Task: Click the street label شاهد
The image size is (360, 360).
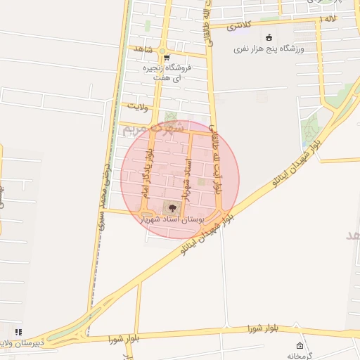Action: [x=141, y=49]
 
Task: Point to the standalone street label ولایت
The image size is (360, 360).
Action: [x=139, y=106]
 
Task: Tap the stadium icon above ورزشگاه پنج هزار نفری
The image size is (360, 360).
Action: [x=267, y=38]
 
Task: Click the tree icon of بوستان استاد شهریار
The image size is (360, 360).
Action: [x=169, y=207]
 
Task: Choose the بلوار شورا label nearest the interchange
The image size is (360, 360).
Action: [x=121, y=339]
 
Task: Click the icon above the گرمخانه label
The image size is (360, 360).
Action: [x=300, y=345]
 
